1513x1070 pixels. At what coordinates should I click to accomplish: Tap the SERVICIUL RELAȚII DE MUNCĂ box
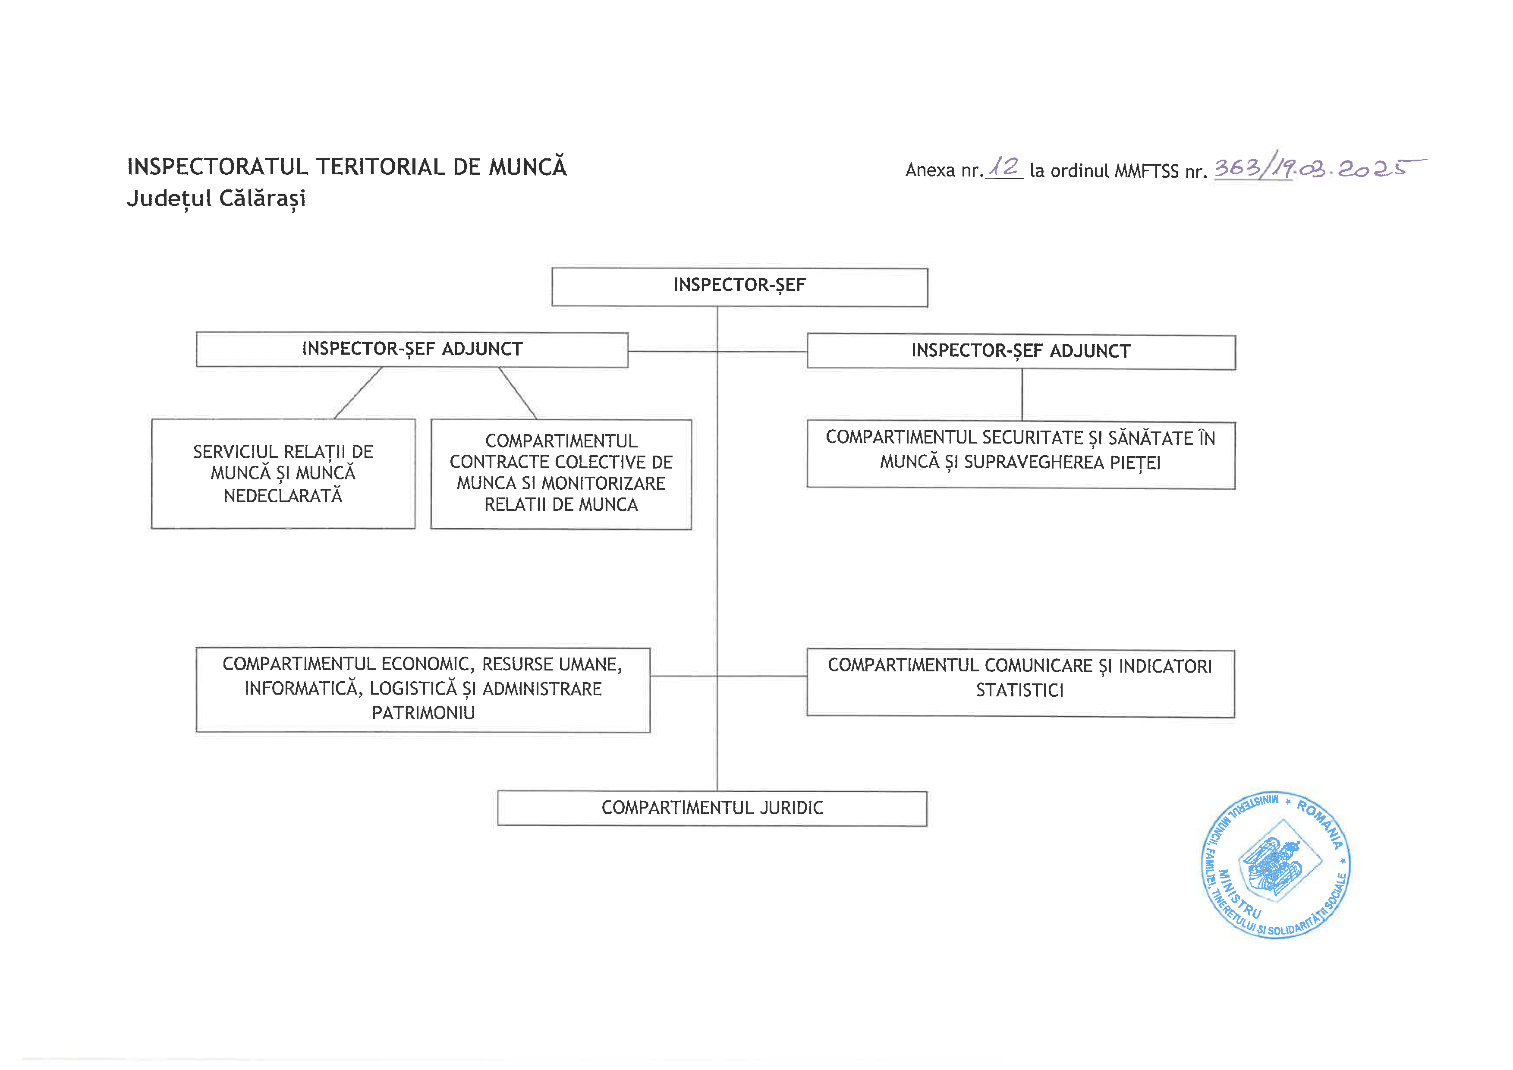pos(283,474)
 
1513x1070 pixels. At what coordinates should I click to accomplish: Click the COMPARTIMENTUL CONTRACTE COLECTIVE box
pos(561,474)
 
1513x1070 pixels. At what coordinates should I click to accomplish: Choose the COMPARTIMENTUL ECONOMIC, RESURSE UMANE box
pos(423,690)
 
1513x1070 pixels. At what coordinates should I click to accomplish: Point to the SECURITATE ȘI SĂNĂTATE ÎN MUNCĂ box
pos(1021,455)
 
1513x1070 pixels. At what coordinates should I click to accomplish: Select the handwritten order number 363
pos(1236,167)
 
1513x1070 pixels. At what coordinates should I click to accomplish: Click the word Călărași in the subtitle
pos(262,198)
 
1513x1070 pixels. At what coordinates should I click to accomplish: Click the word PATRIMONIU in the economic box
pos(423,713)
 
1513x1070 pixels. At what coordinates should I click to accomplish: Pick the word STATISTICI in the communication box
pos(1019,690)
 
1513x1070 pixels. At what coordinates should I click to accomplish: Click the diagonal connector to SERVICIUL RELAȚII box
pos(358,393)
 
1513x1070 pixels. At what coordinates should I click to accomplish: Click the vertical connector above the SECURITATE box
pos(1022,395)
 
